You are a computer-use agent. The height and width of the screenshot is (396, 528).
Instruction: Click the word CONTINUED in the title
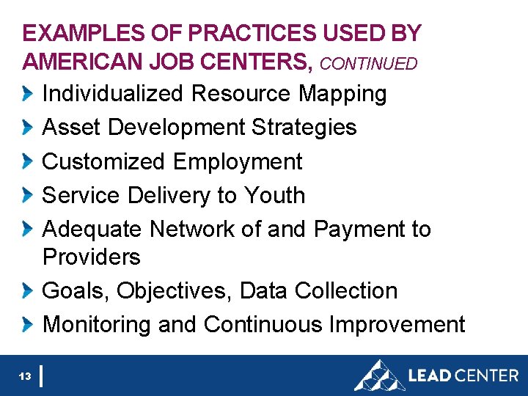(x=369, y=64)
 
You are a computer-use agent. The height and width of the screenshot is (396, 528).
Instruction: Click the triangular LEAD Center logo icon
(x=379, y=375)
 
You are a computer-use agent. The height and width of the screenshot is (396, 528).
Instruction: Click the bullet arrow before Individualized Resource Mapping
(x=28, y=94)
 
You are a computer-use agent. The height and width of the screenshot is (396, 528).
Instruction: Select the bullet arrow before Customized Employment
(x=28, y=161)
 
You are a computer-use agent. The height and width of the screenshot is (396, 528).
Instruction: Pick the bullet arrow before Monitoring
(x=28, y=324)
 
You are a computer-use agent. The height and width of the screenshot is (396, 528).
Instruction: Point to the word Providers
(x=92, y=257)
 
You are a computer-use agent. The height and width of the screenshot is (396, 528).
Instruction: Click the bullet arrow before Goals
(x=28, y=290)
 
